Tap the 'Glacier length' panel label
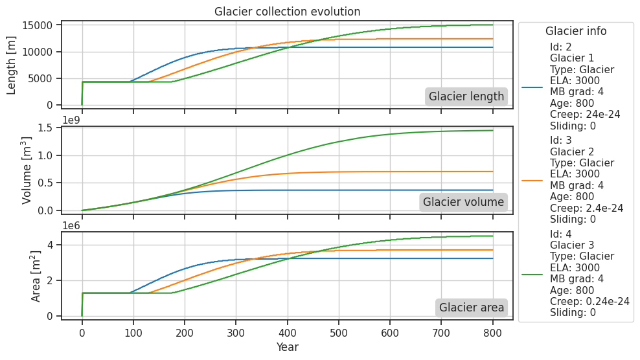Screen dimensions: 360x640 (x=466, y=96)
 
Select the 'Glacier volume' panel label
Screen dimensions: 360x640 (x=463, y=202)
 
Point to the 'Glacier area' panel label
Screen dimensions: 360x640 (x=472, y=308)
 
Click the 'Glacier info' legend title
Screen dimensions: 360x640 (x=576, y=31)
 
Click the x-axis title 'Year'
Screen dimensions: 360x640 (x=287, y=347)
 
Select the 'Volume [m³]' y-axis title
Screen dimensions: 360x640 (x=27, y=170)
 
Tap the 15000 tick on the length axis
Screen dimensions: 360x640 (x=41, y=25)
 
